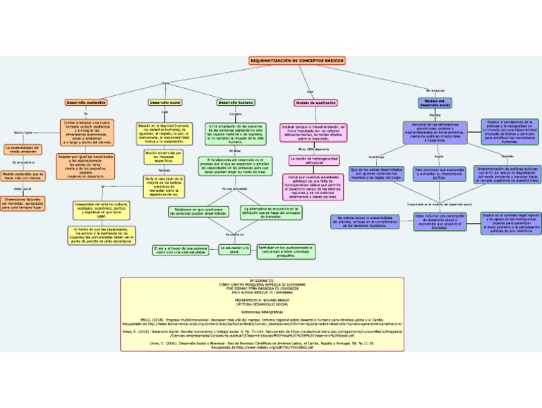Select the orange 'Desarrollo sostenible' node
tap(86, 102)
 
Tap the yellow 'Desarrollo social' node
tap(165, 102)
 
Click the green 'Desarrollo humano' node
tap(236, 102)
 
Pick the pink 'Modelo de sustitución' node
tap(315, 102)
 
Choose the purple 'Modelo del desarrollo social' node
tap(435, 103)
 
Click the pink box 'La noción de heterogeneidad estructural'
tap(315, 161)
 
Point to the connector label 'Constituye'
tap(376, 156)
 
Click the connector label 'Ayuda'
tap(438, 156)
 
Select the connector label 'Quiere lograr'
tap(23, 132)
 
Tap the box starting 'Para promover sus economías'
tap(439, 173)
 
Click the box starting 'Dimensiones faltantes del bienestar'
tap(23, 204)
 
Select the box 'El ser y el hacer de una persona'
tap(181, 250)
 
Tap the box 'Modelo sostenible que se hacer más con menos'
tap(23, 176)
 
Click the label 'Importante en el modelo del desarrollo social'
tap(439, 203)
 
